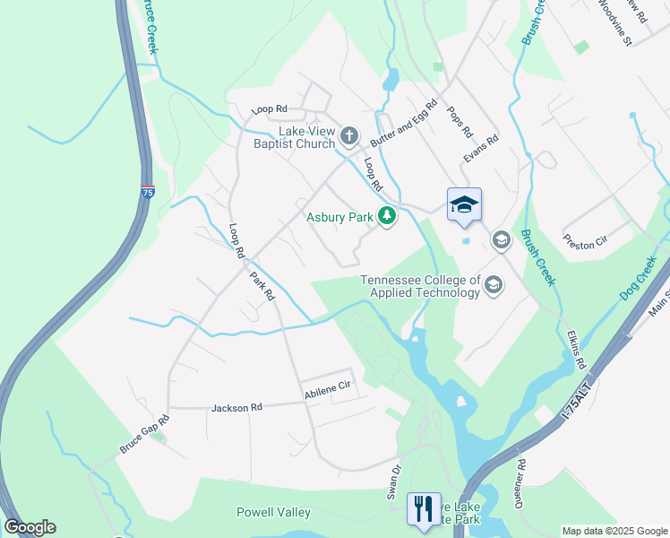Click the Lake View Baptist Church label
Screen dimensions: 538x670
(281, 137)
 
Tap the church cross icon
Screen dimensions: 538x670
(348, 136)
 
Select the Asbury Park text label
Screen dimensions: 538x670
(339, 217)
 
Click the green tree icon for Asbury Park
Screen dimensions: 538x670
(386, 216)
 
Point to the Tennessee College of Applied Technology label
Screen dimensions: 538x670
(420, 286)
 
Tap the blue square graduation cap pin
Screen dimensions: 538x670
(464, 205)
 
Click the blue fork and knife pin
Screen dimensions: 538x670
(424, 508)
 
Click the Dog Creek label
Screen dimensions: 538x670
(638, 280)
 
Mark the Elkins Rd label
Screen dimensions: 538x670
(575, 351)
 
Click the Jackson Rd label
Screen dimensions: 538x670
(236, 408)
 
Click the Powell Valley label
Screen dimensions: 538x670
(273, 512)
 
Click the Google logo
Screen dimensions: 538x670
(30, 526)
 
